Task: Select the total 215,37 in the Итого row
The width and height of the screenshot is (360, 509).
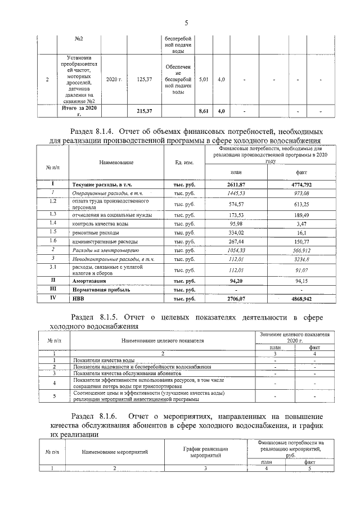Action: [145, 111]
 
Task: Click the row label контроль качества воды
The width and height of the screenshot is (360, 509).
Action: [96, 222]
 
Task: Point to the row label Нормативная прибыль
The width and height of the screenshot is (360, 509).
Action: [100, 290]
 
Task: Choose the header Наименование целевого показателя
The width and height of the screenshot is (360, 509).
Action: [162, 340]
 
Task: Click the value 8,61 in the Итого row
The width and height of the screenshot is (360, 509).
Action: [204, 111]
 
